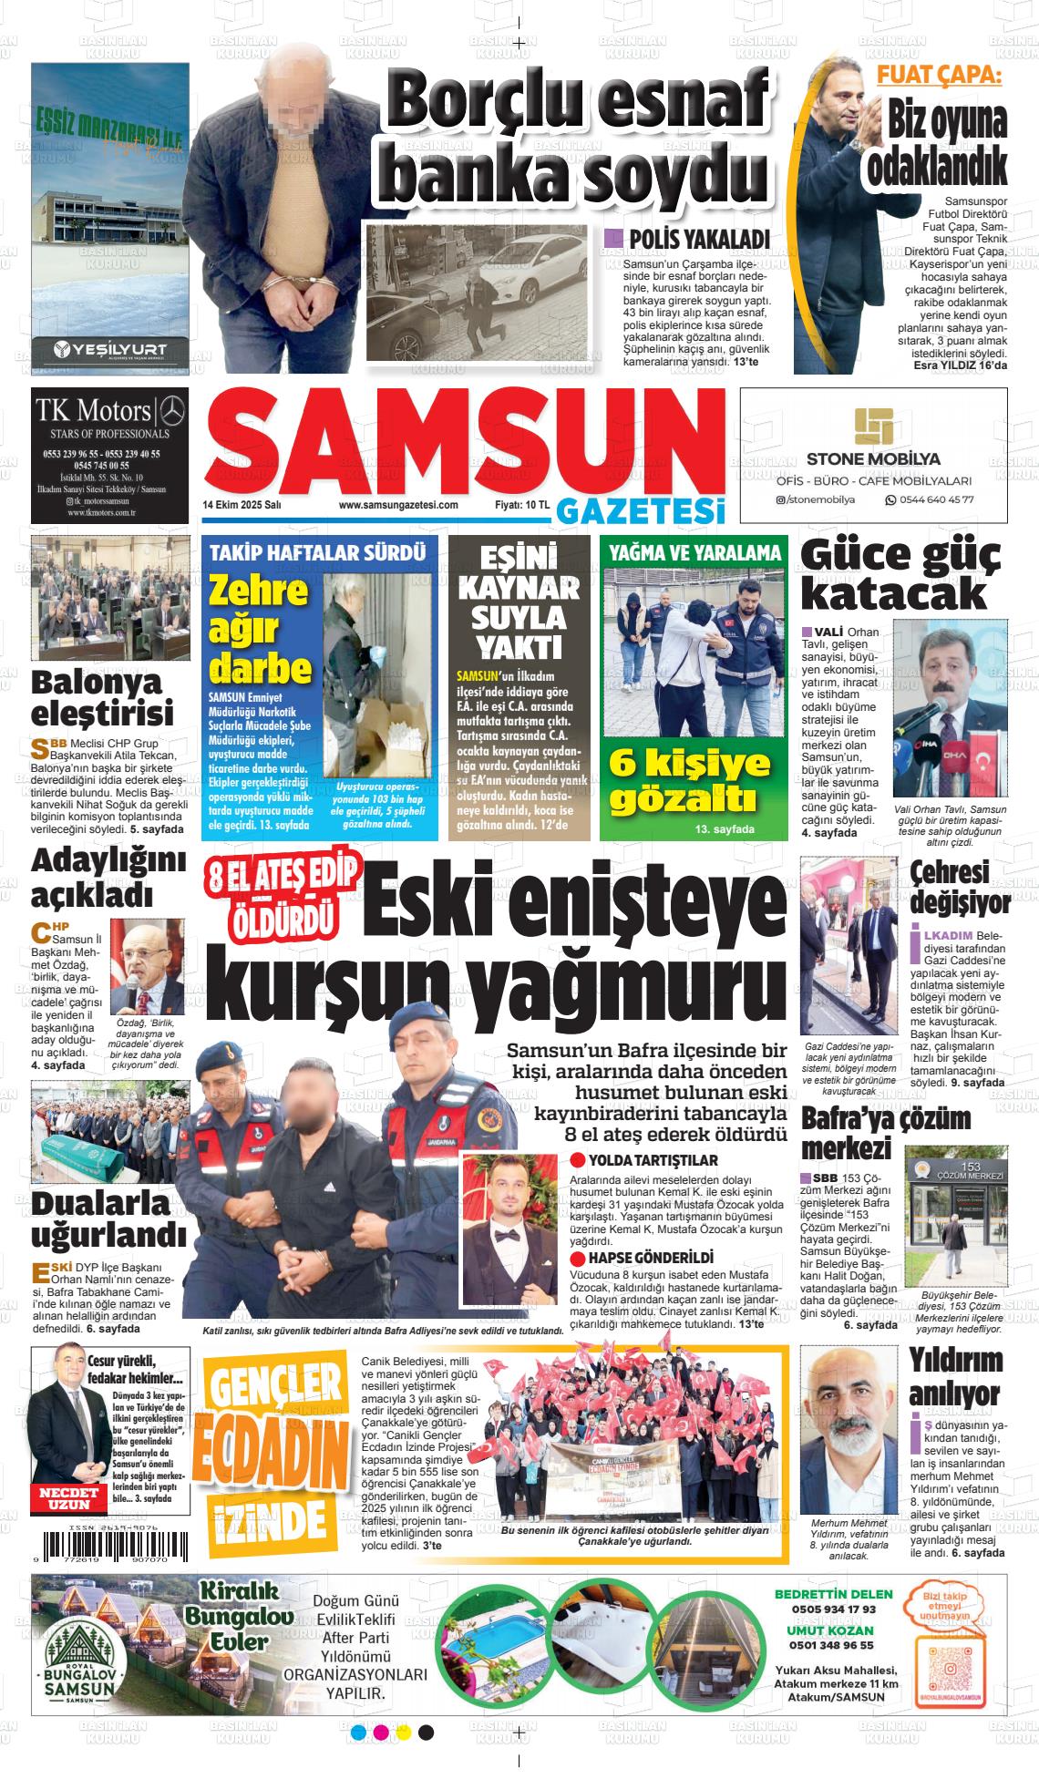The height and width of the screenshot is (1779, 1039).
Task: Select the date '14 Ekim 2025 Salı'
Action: pos(241,504)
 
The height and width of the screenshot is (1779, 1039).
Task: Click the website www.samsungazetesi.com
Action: pos(397,504)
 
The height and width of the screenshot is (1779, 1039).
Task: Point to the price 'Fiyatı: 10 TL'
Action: pos(521,504)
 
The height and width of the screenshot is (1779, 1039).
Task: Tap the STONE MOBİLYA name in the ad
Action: pos(873,458)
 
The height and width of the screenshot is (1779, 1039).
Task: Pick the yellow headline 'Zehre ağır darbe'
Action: pos(260,629)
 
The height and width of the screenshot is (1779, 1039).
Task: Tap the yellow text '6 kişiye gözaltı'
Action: pos(689,779)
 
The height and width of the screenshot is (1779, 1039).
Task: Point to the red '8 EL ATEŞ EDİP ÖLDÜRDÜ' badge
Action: pos(283,899)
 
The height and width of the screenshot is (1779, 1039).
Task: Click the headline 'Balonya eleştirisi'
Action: pos(102,695)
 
